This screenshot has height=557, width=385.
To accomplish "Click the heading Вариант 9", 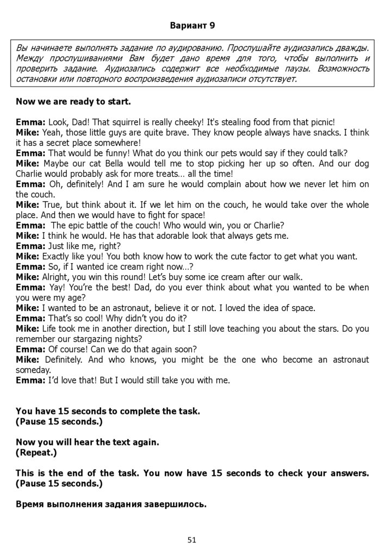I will click(192, 26).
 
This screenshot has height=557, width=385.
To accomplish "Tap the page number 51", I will click(191, 540).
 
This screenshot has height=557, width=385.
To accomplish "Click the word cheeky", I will click(196, 122).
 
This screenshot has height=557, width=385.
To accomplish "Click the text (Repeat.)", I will click(36, 452).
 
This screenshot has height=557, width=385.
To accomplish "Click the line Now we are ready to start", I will click(73, 101).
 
